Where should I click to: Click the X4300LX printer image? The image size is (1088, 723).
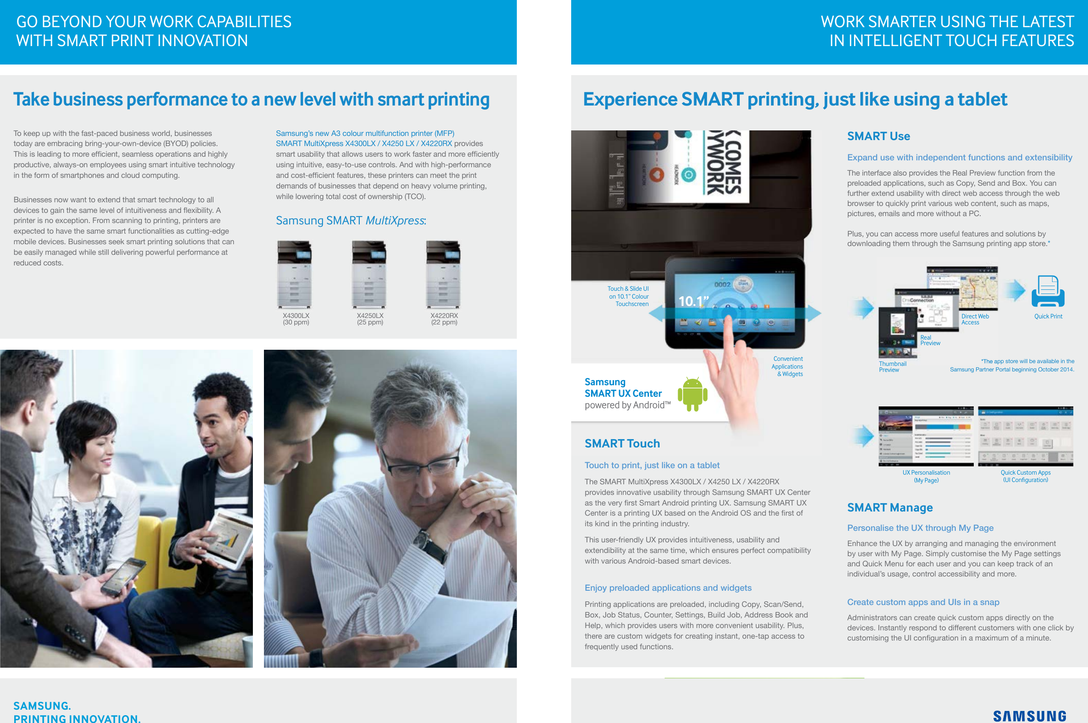294,274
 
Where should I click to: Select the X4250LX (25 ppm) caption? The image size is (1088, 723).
369,319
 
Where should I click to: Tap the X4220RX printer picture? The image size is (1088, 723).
443,274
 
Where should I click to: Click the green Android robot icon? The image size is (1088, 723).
692,394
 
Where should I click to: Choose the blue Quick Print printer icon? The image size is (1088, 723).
1047,291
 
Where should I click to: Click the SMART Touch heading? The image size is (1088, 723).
622,444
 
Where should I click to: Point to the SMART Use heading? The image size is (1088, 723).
878,136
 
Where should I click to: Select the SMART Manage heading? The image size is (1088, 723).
889,508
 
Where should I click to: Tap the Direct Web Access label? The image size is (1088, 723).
975,319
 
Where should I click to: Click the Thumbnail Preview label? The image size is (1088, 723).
892,367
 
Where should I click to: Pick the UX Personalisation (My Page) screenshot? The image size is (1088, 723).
925,436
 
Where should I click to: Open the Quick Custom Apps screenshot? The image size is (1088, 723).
1025,436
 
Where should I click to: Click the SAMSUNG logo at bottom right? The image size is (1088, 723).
1029,716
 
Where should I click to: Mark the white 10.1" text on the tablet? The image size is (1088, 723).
693,301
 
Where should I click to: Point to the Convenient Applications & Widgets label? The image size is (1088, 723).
788,367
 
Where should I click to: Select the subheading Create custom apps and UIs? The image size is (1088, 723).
923,602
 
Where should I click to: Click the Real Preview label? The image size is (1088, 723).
930,341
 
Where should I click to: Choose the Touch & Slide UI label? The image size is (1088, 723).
628,296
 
